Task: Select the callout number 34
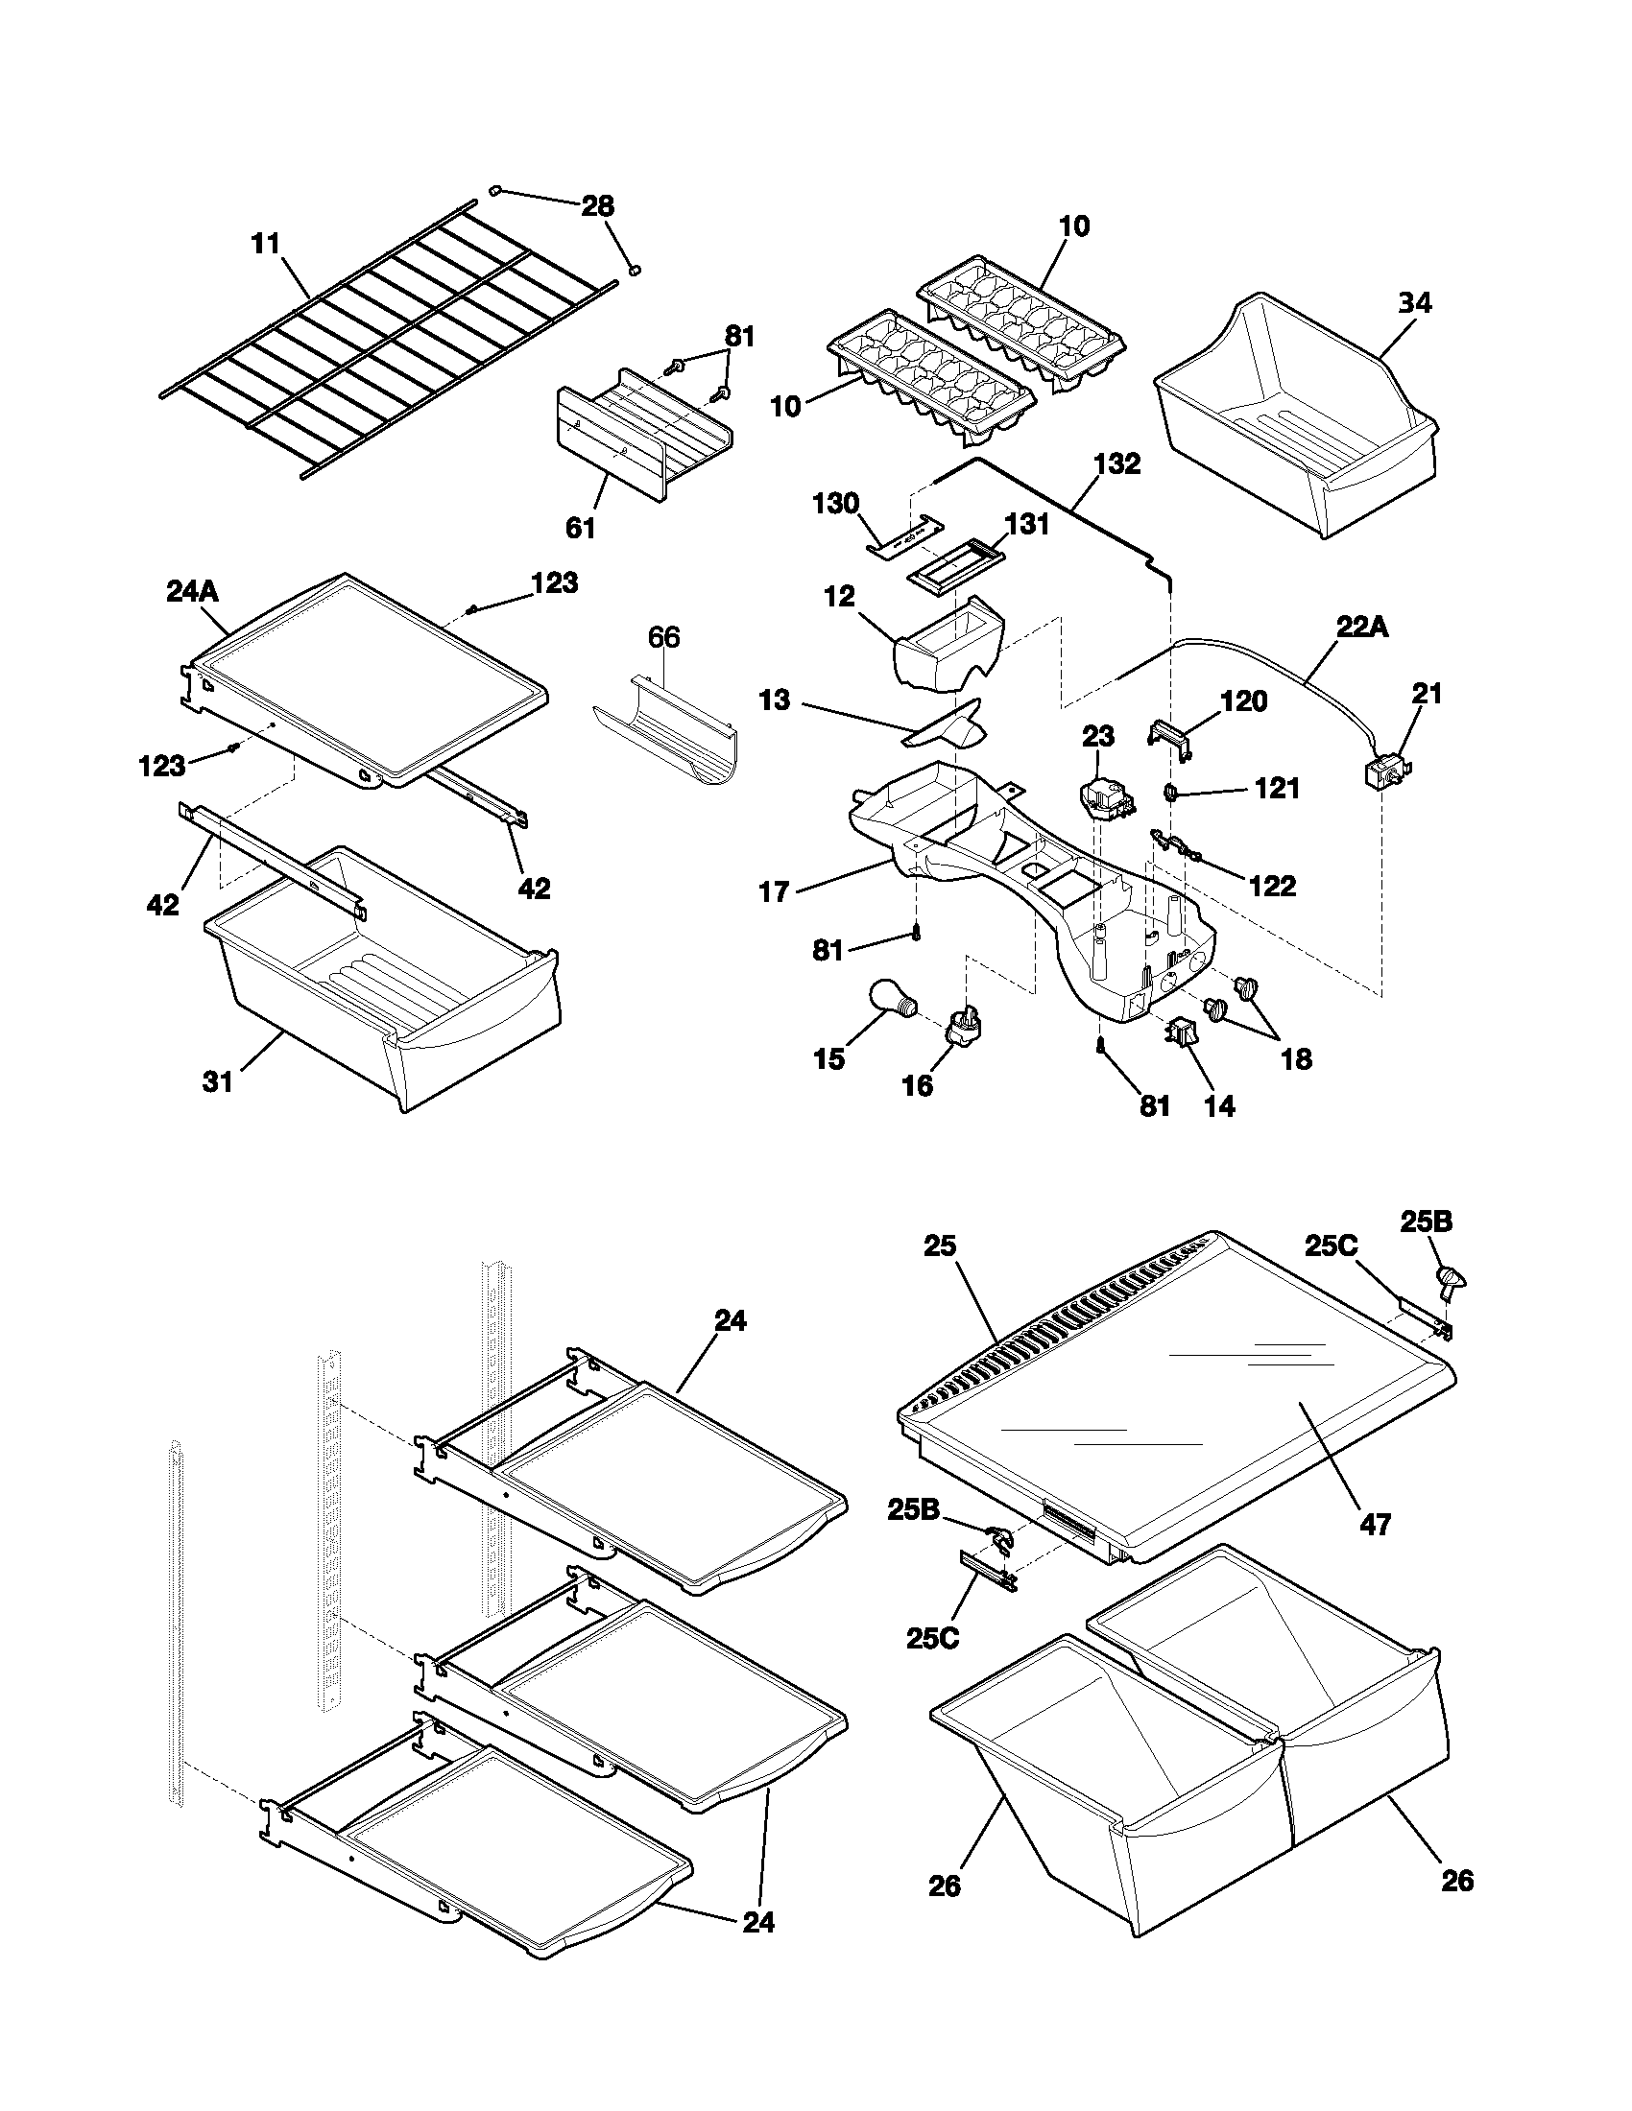coord(1413,303)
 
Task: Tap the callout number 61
coord(581,528)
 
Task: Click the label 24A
coord(192,591)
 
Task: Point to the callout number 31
coord(219,1081)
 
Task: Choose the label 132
coord(1116,464)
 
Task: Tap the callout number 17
coord(775,891)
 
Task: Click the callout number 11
coord(265,244)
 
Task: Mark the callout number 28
coord(596,206)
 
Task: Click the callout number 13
coord(774,700)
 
